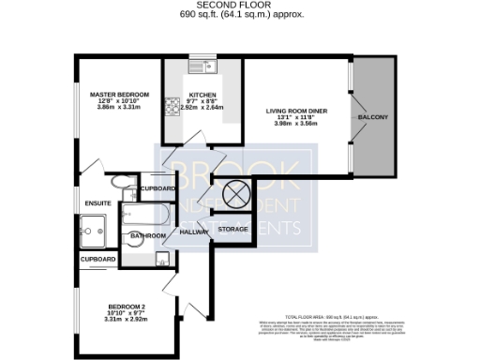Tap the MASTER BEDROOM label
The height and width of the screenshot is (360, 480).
(x=119, y=96)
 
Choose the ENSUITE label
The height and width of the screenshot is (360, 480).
(x=97, y=202)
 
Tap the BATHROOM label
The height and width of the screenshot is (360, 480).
(x=148, y=235)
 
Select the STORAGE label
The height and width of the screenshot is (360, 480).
(x=232, y=229)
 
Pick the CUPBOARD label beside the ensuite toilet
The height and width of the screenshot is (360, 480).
(x=157, y=188)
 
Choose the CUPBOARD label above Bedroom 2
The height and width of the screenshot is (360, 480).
(x=97, y=259)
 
